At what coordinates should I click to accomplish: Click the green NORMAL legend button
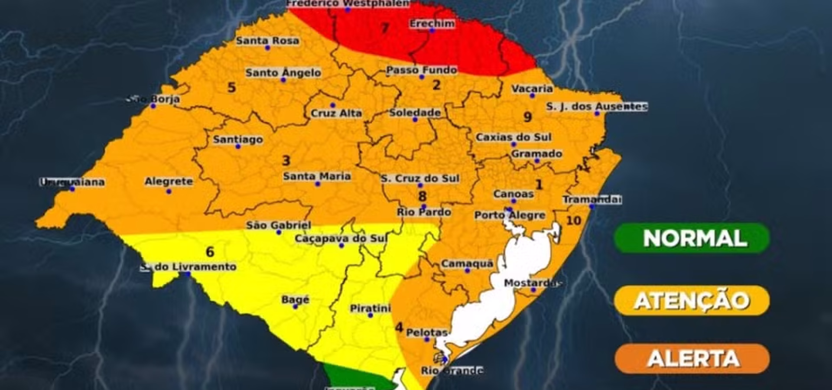tap(692, 238)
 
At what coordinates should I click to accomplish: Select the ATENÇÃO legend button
tap(692, 300)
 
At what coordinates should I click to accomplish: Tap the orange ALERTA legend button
tap(692, 358)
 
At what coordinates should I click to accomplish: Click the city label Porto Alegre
tap(510, 215)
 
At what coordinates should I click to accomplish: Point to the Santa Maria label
tap(317, 176)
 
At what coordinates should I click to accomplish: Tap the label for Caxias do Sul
tap(513, 137)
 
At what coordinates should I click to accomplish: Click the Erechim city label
tap(432, 23)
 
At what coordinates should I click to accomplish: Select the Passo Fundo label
tap(422, 70)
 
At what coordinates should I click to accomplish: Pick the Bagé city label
tap(295, 299)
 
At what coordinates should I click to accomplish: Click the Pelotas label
tap(426, 332)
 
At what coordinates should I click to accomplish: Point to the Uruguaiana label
tap(72, 182)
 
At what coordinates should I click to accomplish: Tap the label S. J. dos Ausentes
tap(597, 106)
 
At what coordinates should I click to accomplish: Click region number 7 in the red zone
tap(384, 28)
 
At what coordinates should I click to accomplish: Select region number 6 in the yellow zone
tap(210, 251)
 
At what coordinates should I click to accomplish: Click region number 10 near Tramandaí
tap(573, 221)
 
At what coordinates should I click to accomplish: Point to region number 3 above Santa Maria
tap(286, 161)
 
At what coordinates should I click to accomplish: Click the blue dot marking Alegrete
tap(169, 191)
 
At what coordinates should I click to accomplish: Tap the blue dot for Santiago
tap(238, 147)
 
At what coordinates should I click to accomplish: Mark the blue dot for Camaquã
tap(467, 270)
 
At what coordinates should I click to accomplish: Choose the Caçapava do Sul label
tap(341, 238)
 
